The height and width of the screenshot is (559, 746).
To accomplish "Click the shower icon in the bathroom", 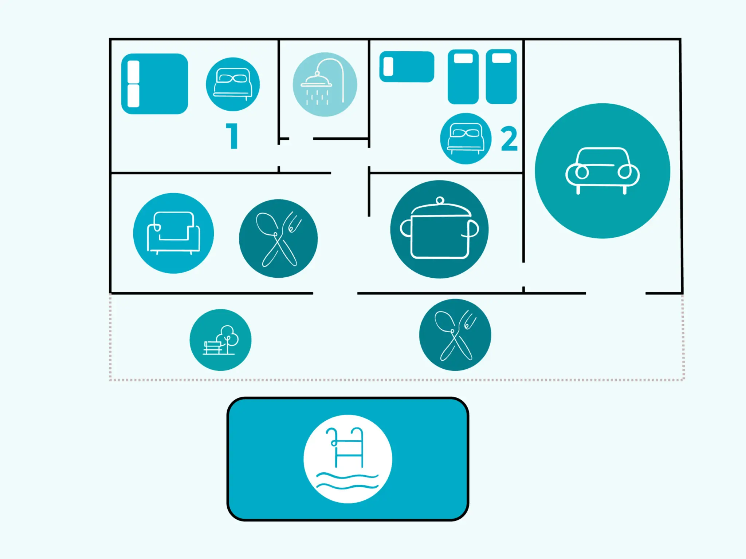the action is click(325, 84).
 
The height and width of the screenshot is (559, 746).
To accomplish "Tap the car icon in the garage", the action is click(602, 171).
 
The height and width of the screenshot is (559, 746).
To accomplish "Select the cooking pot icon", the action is click(439, 229).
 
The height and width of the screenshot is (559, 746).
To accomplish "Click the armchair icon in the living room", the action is click(173, 233).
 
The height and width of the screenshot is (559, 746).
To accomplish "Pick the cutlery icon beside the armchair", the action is click(278, 238).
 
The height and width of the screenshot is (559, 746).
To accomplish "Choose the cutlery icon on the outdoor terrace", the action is click(455, 335).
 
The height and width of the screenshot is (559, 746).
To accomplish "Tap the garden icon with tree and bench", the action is click(220, 340).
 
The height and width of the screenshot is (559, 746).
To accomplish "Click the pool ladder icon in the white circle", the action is click(348, 459).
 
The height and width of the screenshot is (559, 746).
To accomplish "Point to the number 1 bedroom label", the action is click(232, 136).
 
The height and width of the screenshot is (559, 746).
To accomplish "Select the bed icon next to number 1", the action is click(233, 84).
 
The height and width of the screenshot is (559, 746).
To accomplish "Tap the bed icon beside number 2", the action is click(466, 139).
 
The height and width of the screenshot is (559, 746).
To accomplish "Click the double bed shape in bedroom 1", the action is click(155, 84).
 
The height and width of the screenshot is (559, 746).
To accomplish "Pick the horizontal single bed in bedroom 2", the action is click(407, 67).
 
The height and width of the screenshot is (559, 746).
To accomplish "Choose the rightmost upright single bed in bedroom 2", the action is click(501, 76).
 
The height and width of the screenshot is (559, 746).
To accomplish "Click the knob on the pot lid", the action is click(440, 201).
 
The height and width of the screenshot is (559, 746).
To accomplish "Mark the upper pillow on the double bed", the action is click(133, 71).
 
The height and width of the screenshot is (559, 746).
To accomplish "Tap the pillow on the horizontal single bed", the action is click(388, 67).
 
